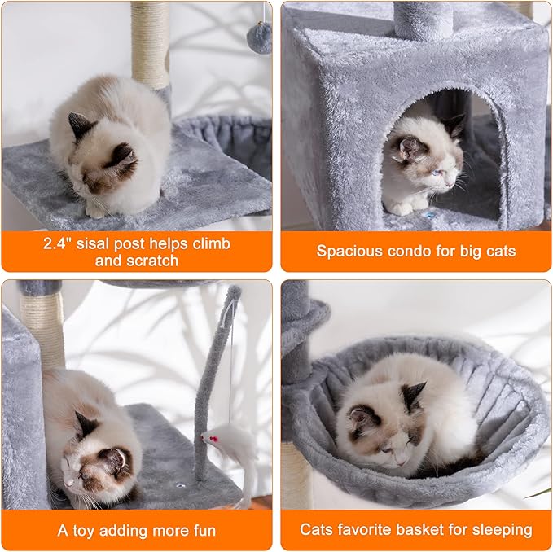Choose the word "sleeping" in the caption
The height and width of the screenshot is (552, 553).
pyautogui.click(x=502, y=531)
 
